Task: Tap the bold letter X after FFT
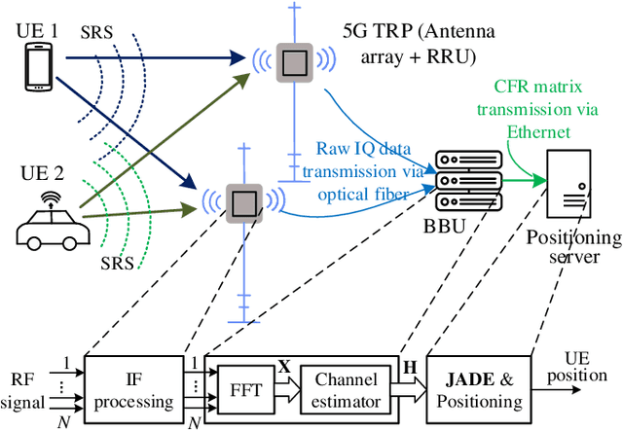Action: [284, 366]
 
